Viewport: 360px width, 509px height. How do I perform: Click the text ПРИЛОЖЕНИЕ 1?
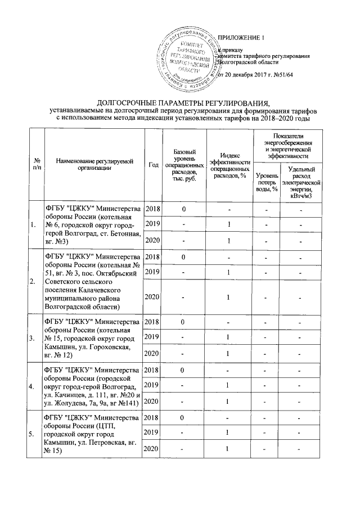pos(240,38)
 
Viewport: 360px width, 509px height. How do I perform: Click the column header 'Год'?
pos(153,164)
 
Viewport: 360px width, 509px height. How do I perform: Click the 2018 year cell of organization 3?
pos(153,322)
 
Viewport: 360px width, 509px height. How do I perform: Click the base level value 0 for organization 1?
pos(183,210)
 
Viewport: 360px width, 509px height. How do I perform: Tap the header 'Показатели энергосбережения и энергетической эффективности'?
pos(287,147)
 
